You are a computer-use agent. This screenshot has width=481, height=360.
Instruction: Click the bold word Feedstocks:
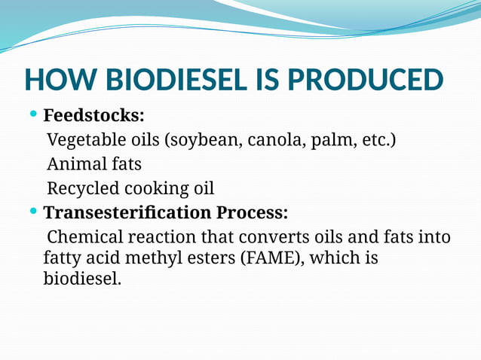click(x=94, y=116)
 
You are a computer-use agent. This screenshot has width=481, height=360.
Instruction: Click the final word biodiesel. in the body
click(x=82, y=279)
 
